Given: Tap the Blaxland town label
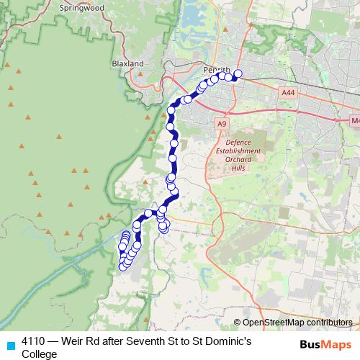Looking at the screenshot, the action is click(128, 63).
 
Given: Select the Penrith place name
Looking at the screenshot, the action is click(216, 69).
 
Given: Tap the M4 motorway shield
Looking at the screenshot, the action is click(354, 121).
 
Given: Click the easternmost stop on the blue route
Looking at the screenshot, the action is click(238, 73).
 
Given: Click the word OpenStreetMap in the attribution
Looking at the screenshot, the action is click(274, 323).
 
